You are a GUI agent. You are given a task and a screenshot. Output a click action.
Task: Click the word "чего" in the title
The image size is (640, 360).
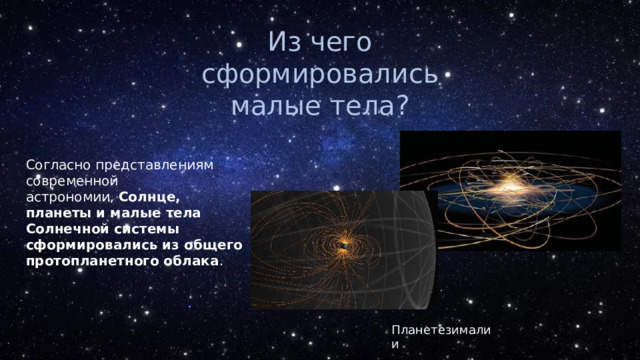click(x=343, y=43)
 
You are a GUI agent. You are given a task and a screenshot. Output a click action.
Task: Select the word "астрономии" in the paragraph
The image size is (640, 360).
click(x=65, y=199)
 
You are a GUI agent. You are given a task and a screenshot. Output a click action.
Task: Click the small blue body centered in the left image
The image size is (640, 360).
click(x=343, y=246)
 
